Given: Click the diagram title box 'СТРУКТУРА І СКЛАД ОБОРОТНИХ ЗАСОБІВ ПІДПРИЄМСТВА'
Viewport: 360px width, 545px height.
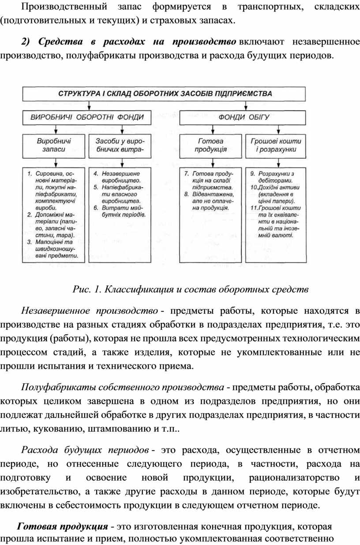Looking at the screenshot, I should tap(165, 93).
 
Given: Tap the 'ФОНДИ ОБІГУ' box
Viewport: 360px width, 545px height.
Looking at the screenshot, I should tap(244, 117).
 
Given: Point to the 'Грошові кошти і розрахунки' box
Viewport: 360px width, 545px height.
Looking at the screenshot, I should tap(276, 145).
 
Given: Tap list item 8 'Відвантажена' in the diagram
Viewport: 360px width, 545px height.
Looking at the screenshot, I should tap(210, 200).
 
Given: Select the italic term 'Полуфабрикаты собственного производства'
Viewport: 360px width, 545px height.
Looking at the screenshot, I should tap(122, 388).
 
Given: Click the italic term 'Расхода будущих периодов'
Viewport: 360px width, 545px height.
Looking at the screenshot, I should tap(85, 450).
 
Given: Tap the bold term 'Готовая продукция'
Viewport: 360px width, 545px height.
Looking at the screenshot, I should tap(62, 526).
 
